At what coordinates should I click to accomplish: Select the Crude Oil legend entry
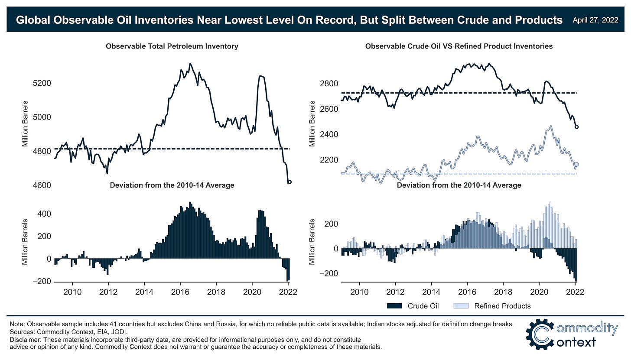point(423,306)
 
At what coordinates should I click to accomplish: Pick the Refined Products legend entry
point(502,306)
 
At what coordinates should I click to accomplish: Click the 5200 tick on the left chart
point(42,83)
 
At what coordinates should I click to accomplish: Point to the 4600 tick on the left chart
point(42,185)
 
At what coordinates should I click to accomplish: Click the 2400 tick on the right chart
point(329,135)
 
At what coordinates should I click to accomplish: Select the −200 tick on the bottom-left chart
point(41,282)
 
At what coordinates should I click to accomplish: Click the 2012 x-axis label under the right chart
point(395,292)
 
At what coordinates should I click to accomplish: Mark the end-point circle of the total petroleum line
point(289,182)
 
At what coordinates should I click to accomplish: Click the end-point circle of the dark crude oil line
point(576,126)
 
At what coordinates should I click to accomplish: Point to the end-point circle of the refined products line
point(576,164)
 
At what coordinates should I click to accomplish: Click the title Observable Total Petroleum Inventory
point(172,46)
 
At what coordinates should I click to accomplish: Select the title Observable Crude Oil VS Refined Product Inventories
point(459,46)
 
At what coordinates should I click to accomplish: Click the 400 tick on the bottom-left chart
point(45,214)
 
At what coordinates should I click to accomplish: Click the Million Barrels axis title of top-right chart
point(312,123)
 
